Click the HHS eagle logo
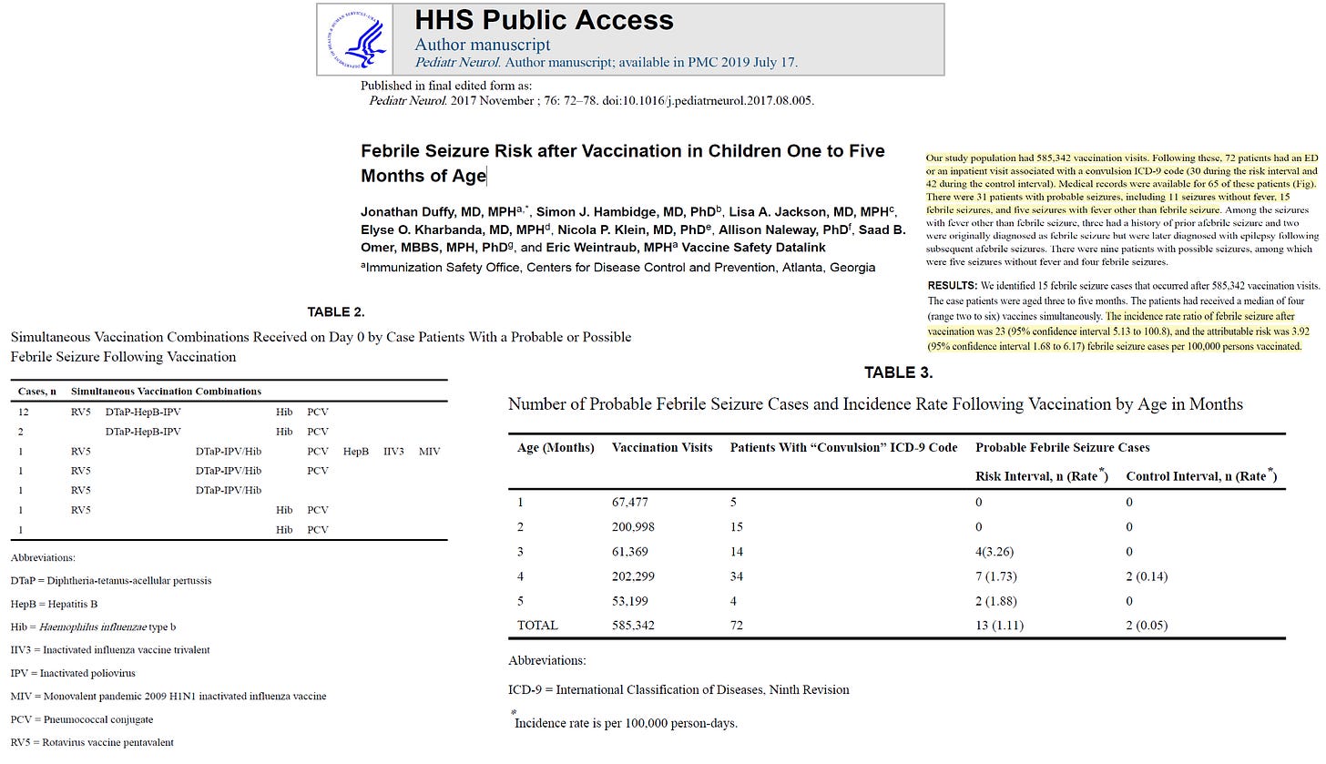click(x=355, y=40)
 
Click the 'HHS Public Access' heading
click(x=544, y=20)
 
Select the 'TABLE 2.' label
click(x=335, y=312)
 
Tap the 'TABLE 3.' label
click(x=898, y=372)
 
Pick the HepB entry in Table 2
click(x=356, y=451)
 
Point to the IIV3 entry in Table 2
click(x=393, y=451)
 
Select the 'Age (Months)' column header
click(x=556, y=447)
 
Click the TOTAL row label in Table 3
click(x=537, y=626)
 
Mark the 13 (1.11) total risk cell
click(x=998, y=626)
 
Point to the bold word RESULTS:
click(x=953, y=286)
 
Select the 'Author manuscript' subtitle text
click(x=482, y=44)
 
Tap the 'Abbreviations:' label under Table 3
click(x=546, y=660)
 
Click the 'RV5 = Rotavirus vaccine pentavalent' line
click(x=92, y=742)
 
